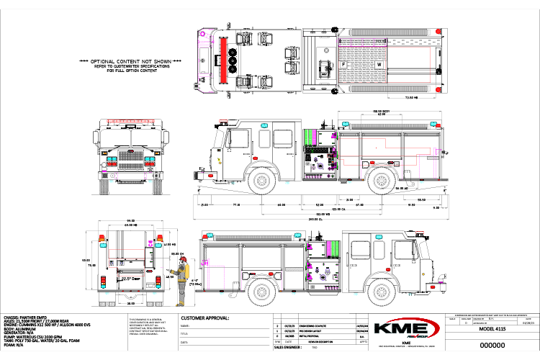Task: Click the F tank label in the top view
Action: tap(343, 64)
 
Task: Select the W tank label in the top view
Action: tap(379, 64)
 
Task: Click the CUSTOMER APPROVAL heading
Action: tap(205, 318)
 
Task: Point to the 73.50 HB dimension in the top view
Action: tap(411, 96)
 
